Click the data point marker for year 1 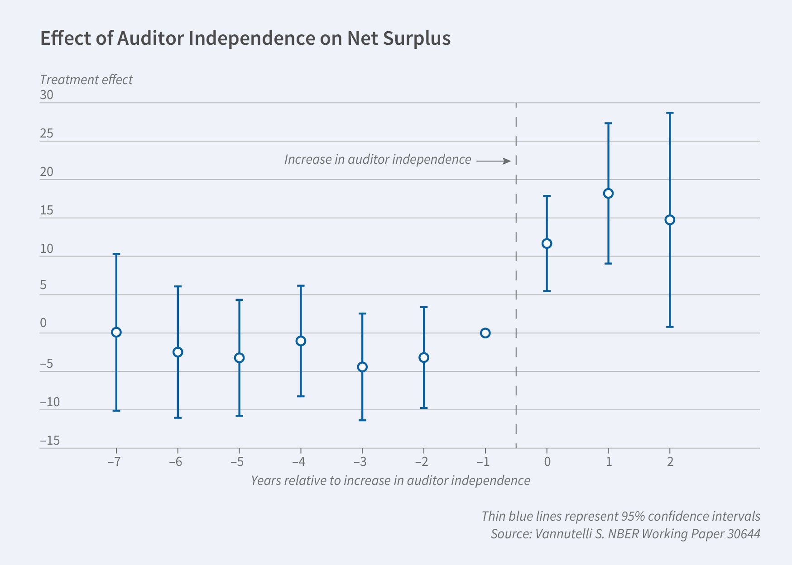(x=608, y=194)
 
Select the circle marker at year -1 (x=485, y=333)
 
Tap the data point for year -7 (x=116, y=332)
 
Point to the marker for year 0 (x=547, y=244)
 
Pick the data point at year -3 (x=362, y=367)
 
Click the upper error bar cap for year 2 (x=670, y=113)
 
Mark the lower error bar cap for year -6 (x=178, y=418)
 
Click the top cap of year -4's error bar (x=301, y=286)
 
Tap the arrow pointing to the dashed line (x=494, y=161)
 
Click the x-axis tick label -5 (x=237, y=462)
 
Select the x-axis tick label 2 (x=670, y=462)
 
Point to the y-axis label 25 (x=47, y=134)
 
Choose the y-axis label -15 (x=50, y=441)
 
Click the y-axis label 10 (x=47, y=249)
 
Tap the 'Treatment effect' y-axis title (x=86, y=80)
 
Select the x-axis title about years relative (x=390, y=480)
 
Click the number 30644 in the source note (x=743, y=534)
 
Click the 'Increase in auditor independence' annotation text (x=378, y=160)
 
